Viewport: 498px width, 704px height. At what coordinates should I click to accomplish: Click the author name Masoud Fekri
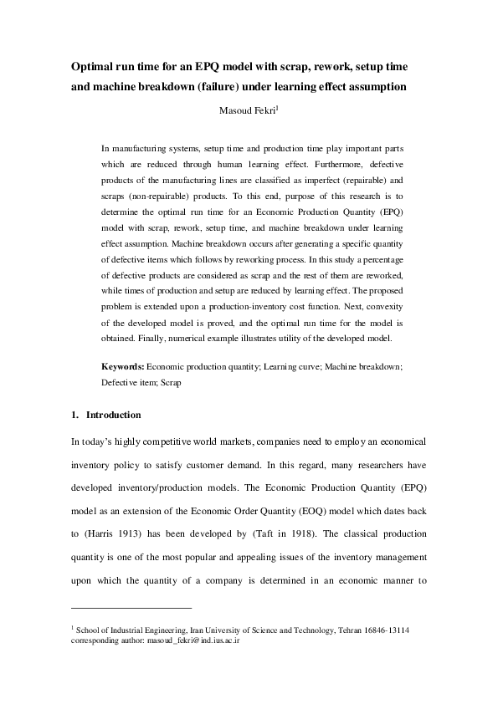point(246,109)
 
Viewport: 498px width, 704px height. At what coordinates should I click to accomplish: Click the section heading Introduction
point(114,415)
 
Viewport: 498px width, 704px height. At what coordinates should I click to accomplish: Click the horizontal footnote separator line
point(131,608)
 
